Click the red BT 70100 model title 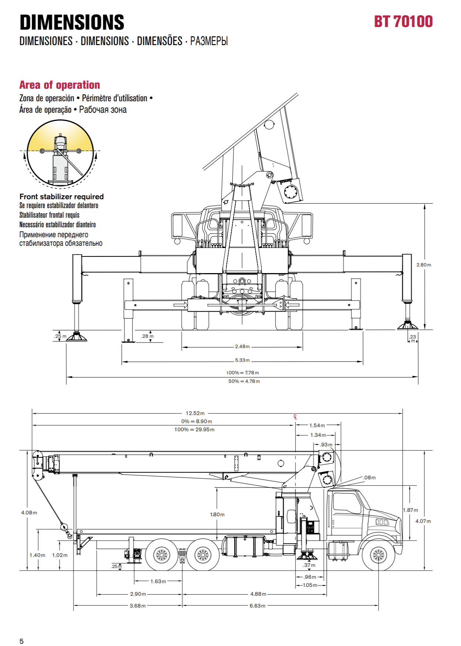pyautogui.click(x=403, y=21)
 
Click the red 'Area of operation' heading pyautogui.click(x=60, y=85)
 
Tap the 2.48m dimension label pyautogui.click(x=242, y=347)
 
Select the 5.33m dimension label pyautogui.click(x=242, y=360)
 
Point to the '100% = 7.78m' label pyautogui.click(x=243, y=373)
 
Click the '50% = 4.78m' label pyautogui.click(x=244, y=381)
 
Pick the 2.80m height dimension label pyautogui.click(x=424, y=265)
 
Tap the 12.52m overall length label pyautogui.click(x=195, y=413)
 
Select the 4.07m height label pyautogui.click(x=423, y=521)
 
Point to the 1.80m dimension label pyautogui.click(x=217, y=514)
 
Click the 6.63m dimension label pyautogui.click(x=258, y=606)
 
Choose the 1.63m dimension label pyautogui.click(x=158, y=581)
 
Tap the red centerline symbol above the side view pyautogui.click(x=295, y=417)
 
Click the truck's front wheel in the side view pyautogui.click(x=378, y=555)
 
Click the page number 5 pyautogui.click(x=21, y=641)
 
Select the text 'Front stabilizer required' pyautogui.click(x=61, y=197)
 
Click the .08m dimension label pyautogui.click(x=369, y=477)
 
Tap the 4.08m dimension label pyautogui.click(x=29, y=513)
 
